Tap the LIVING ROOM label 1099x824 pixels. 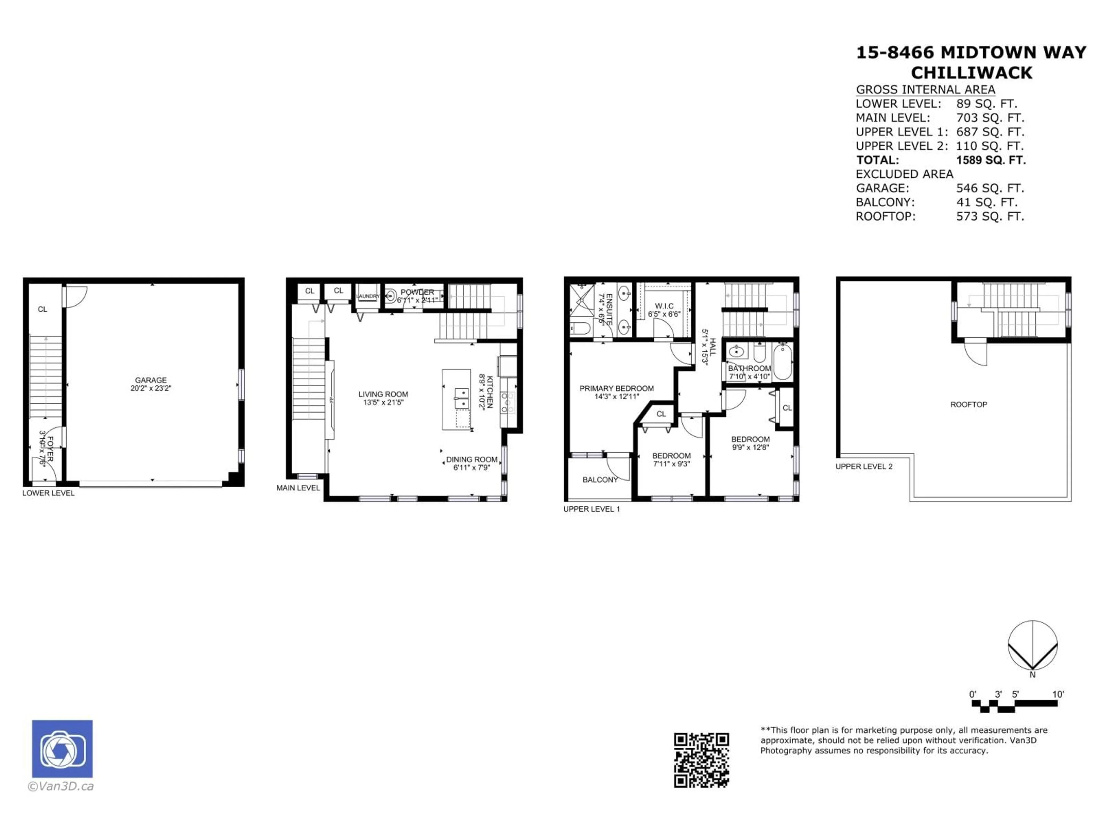[x=383, y=394]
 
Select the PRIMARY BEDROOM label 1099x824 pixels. [x=616, y=389]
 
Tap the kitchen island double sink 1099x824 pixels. [x=462, y=398]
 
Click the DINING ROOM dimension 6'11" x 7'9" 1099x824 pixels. [x=471, y=468]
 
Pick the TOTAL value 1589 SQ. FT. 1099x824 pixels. [x=990, y=160]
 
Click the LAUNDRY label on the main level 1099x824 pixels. [x=368, y=296]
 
